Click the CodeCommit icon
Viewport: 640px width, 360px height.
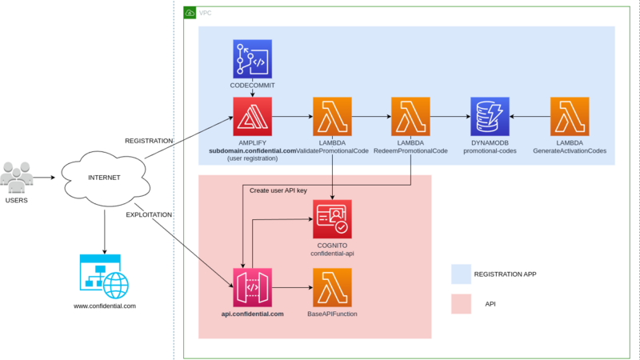tap(253, 58)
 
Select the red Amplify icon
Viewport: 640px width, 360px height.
tap(253, 117)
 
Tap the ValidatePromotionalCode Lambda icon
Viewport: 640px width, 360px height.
tap(331, 117)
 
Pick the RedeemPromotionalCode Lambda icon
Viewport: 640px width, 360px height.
tap(410, 117)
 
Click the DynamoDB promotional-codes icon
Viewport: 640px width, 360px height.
tap(490, 117)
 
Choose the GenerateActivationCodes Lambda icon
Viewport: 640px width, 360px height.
tap(570, 117)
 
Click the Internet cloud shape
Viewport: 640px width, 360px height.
tap(105, 177)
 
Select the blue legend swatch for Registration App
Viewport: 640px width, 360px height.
tap(460, 274)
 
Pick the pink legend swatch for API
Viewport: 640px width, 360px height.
tap(460, 305)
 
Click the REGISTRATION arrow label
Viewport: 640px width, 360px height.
tap(149, 141)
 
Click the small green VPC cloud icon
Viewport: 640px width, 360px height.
tap(190, 13)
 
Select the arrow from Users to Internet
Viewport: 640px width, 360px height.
tap(47, 178)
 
